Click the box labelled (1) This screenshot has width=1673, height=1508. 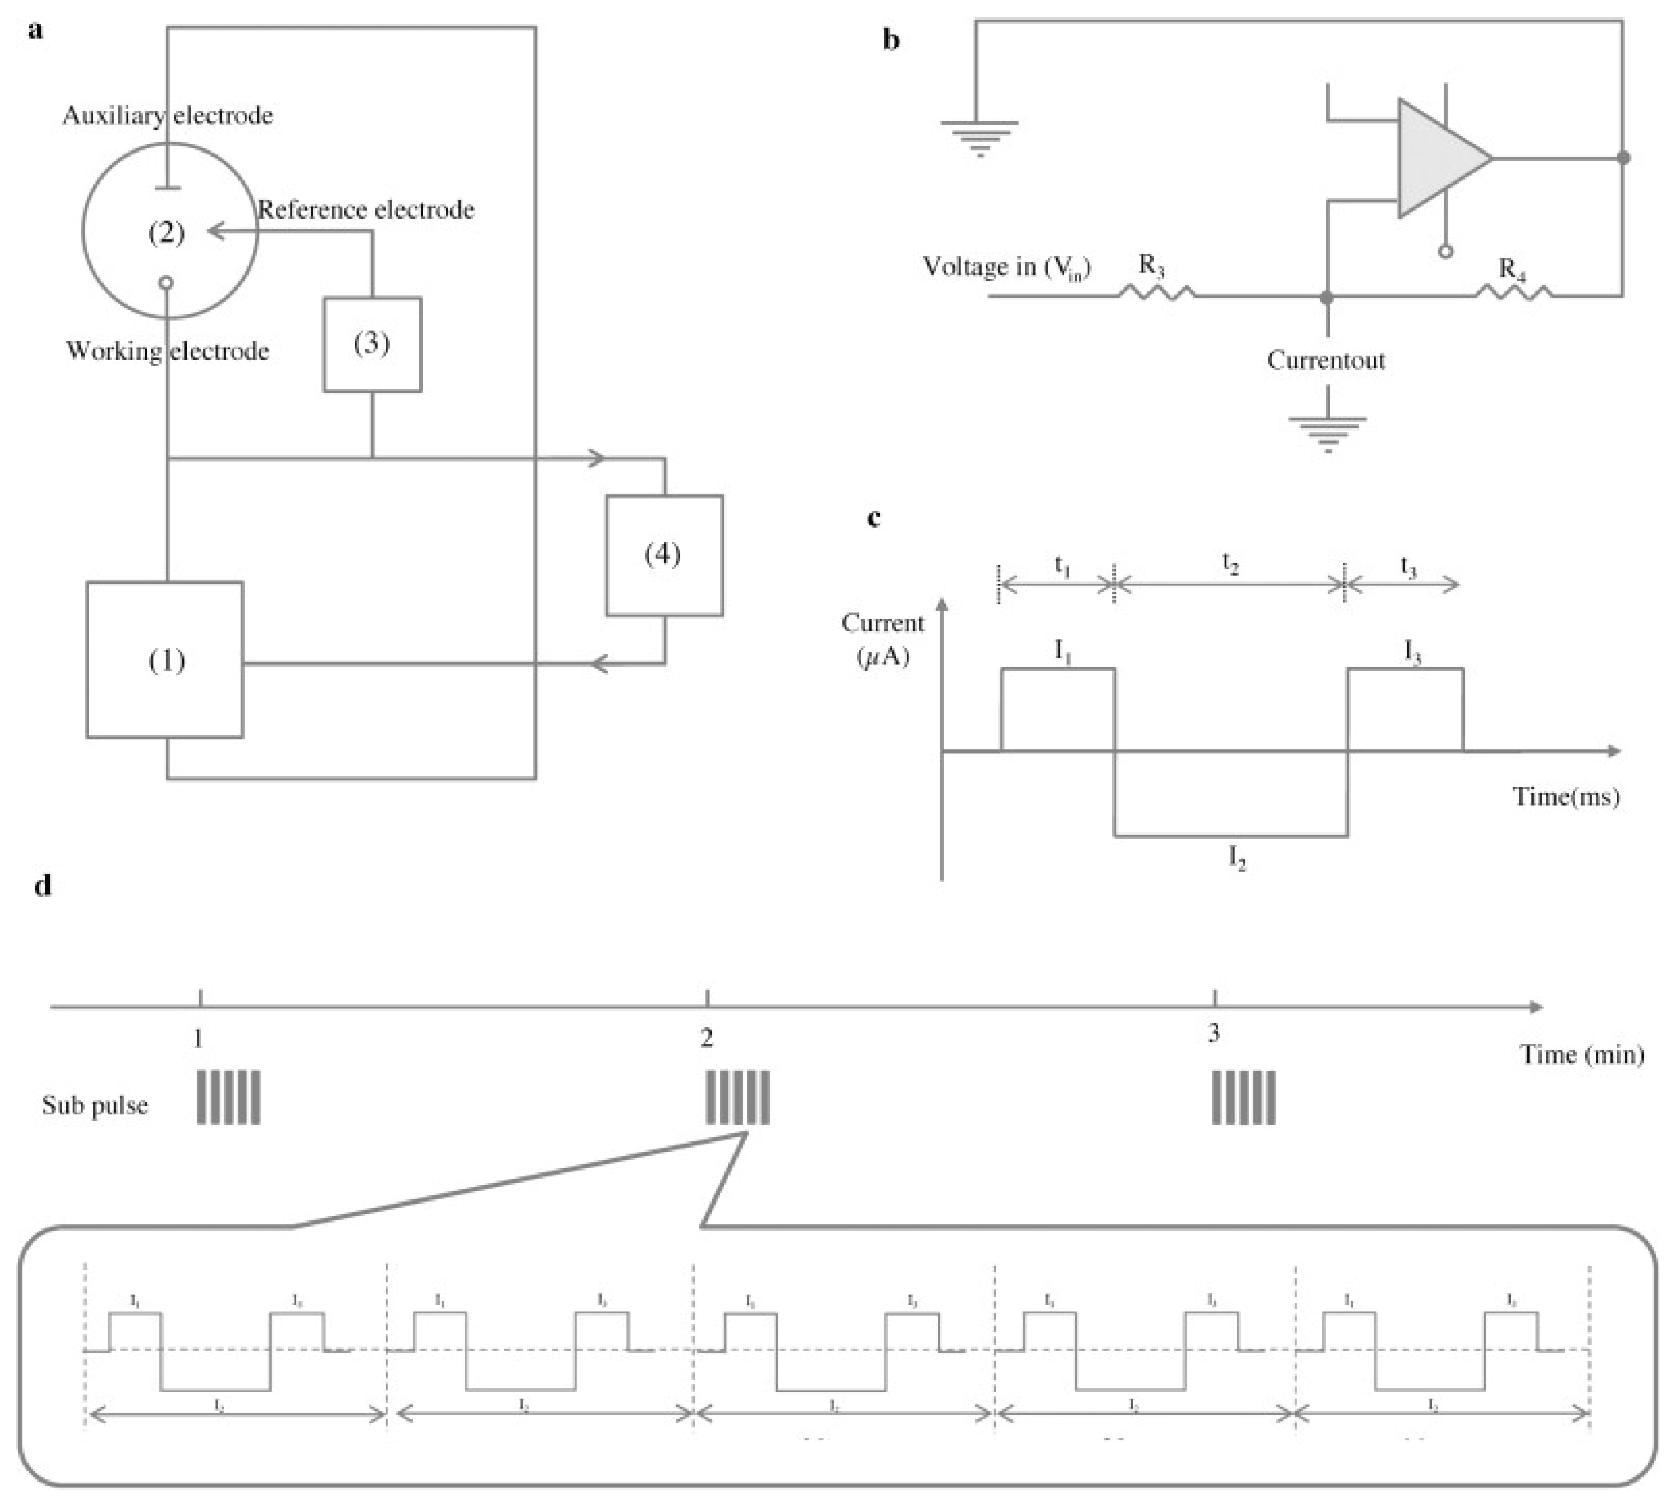click(165, 660)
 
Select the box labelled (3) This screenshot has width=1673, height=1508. click(372, 344)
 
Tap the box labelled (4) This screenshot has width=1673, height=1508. click(664, 555)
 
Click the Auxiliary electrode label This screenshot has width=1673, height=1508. click(168, 115)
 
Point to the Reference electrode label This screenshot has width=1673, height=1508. click(366, 210)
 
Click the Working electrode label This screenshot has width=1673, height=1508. click(168, 351)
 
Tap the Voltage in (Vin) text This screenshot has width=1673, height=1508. click(1006, 267)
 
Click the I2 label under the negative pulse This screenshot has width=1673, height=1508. click(1236, 858)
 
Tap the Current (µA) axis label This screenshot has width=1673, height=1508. click(883, 639)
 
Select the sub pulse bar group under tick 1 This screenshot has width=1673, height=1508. click(229, 1097)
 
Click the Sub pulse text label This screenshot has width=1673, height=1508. click(96, 1105)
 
